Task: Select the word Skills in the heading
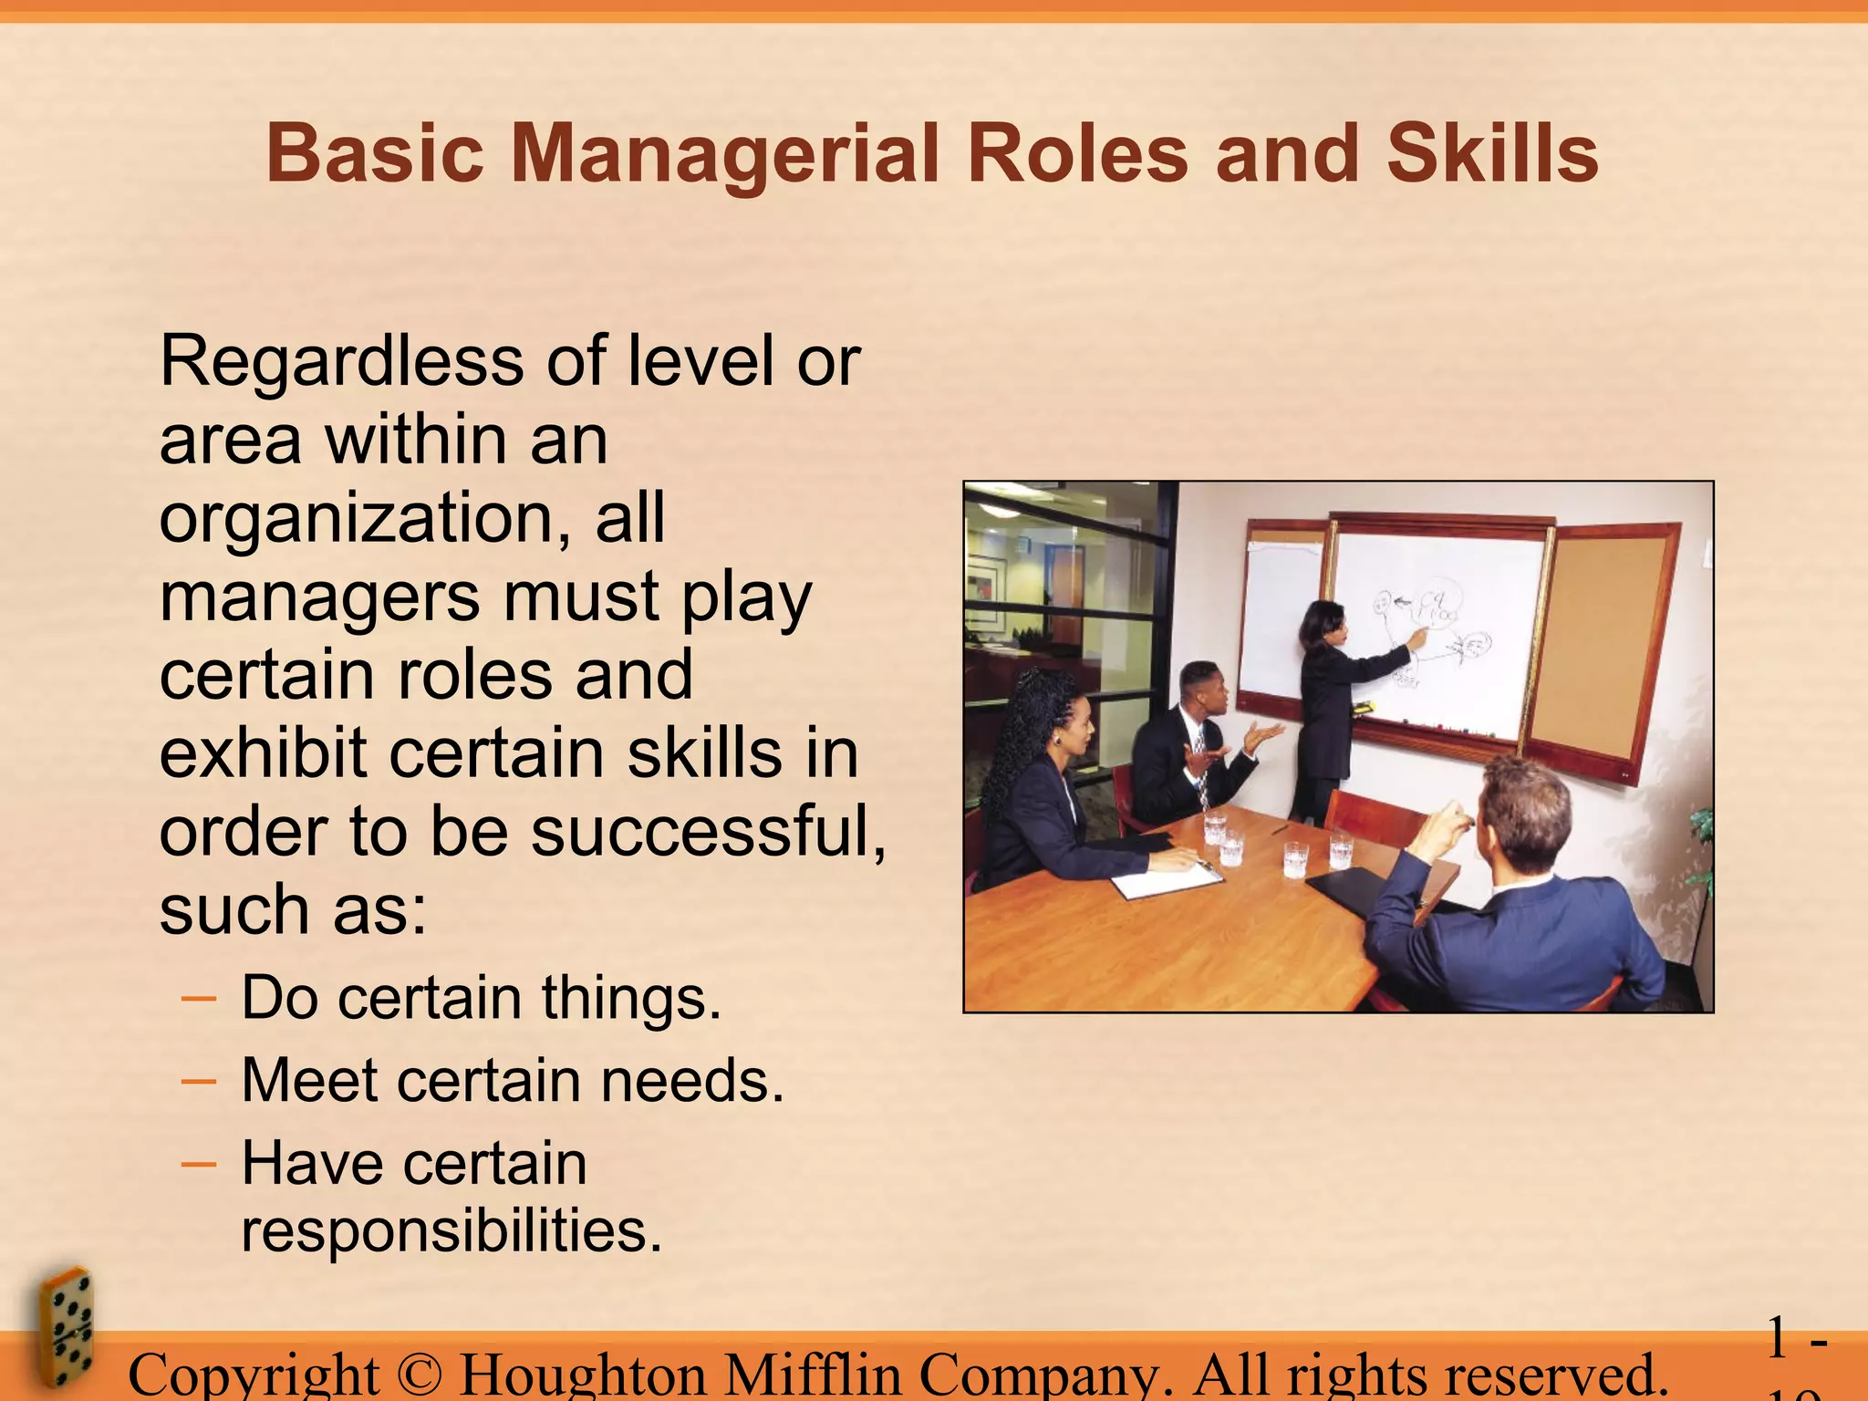(x=1492, y=153)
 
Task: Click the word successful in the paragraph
(x=708, y=832)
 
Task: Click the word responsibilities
(x=451, y=1230)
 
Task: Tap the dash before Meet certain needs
(x=199, y=1082)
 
